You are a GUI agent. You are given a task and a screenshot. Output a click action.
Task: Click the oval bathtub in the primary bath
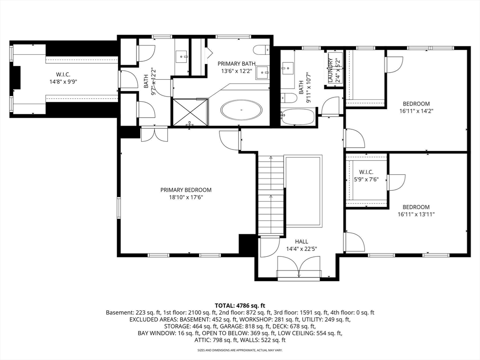[241, 110]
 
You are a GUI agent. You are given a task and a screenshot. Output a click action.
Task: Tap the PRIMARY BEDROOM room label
[186, 190]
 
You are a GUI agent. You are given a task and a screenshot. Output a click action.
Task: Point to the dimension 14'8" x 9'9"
[63, 82]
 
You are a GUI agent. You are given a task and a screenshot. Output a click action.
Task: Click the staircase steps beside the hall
[271, 195]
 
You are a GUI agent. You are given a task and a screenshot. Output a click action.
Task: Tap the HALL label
[301, 241]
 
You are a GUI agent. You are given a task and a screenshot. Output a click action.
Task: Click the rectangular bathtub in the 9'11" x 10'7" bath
[298, 117]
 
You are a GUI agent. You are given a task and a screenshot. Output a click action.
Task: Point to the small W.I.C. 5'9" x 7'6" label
[367, 176]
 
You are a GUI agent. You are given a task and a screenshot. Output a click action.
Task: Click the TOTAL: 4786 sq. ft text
[240, 305]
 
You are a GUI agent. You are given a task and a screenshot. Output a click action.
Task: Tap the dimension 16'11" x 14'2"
[416, 111]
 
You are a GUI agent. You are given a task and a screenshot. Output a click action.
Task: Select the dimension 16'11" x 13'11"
[416, 214]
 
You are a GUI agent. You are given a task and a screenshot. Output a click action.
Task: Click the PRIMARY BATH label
[236, 64]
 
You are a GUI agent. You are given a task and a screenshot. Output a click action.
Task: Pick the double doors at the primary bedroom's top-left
[155, 135]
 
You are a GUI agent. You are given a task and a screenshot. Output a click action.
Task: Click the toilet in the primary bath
[262, 49]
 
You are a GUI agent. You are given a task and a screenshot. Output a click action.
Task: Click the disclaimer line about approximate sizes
[240, 350]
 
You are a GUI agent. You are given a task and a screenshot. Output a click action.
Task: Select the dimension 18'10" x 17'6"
[186, 197]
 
